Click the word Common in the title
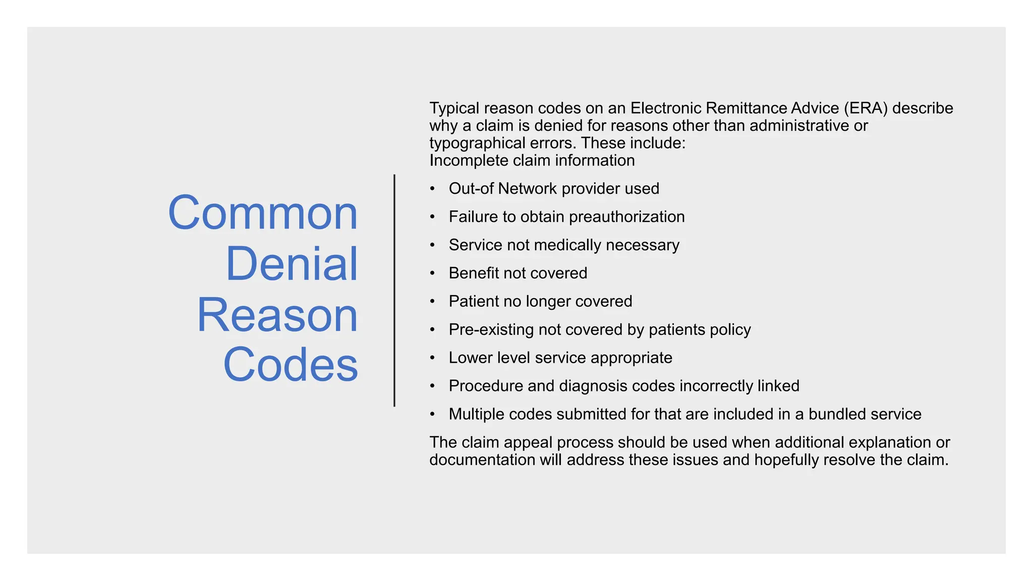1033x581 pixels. (263, 213)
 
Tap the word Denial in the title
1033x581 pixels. (292, 264)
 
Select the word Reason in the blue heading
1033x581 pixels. (277, 315)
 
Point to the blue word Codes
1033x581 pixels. (291, 365)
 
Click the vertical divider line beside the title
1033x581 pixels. (394, 290)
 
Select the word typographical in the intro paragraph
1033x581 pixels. (477, 143)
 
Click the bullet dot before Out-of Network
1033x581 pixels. (432, 189)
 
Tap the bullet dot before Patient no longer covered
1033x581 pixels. (432, 302)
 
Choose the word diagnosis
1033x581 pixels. (593, 386)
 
